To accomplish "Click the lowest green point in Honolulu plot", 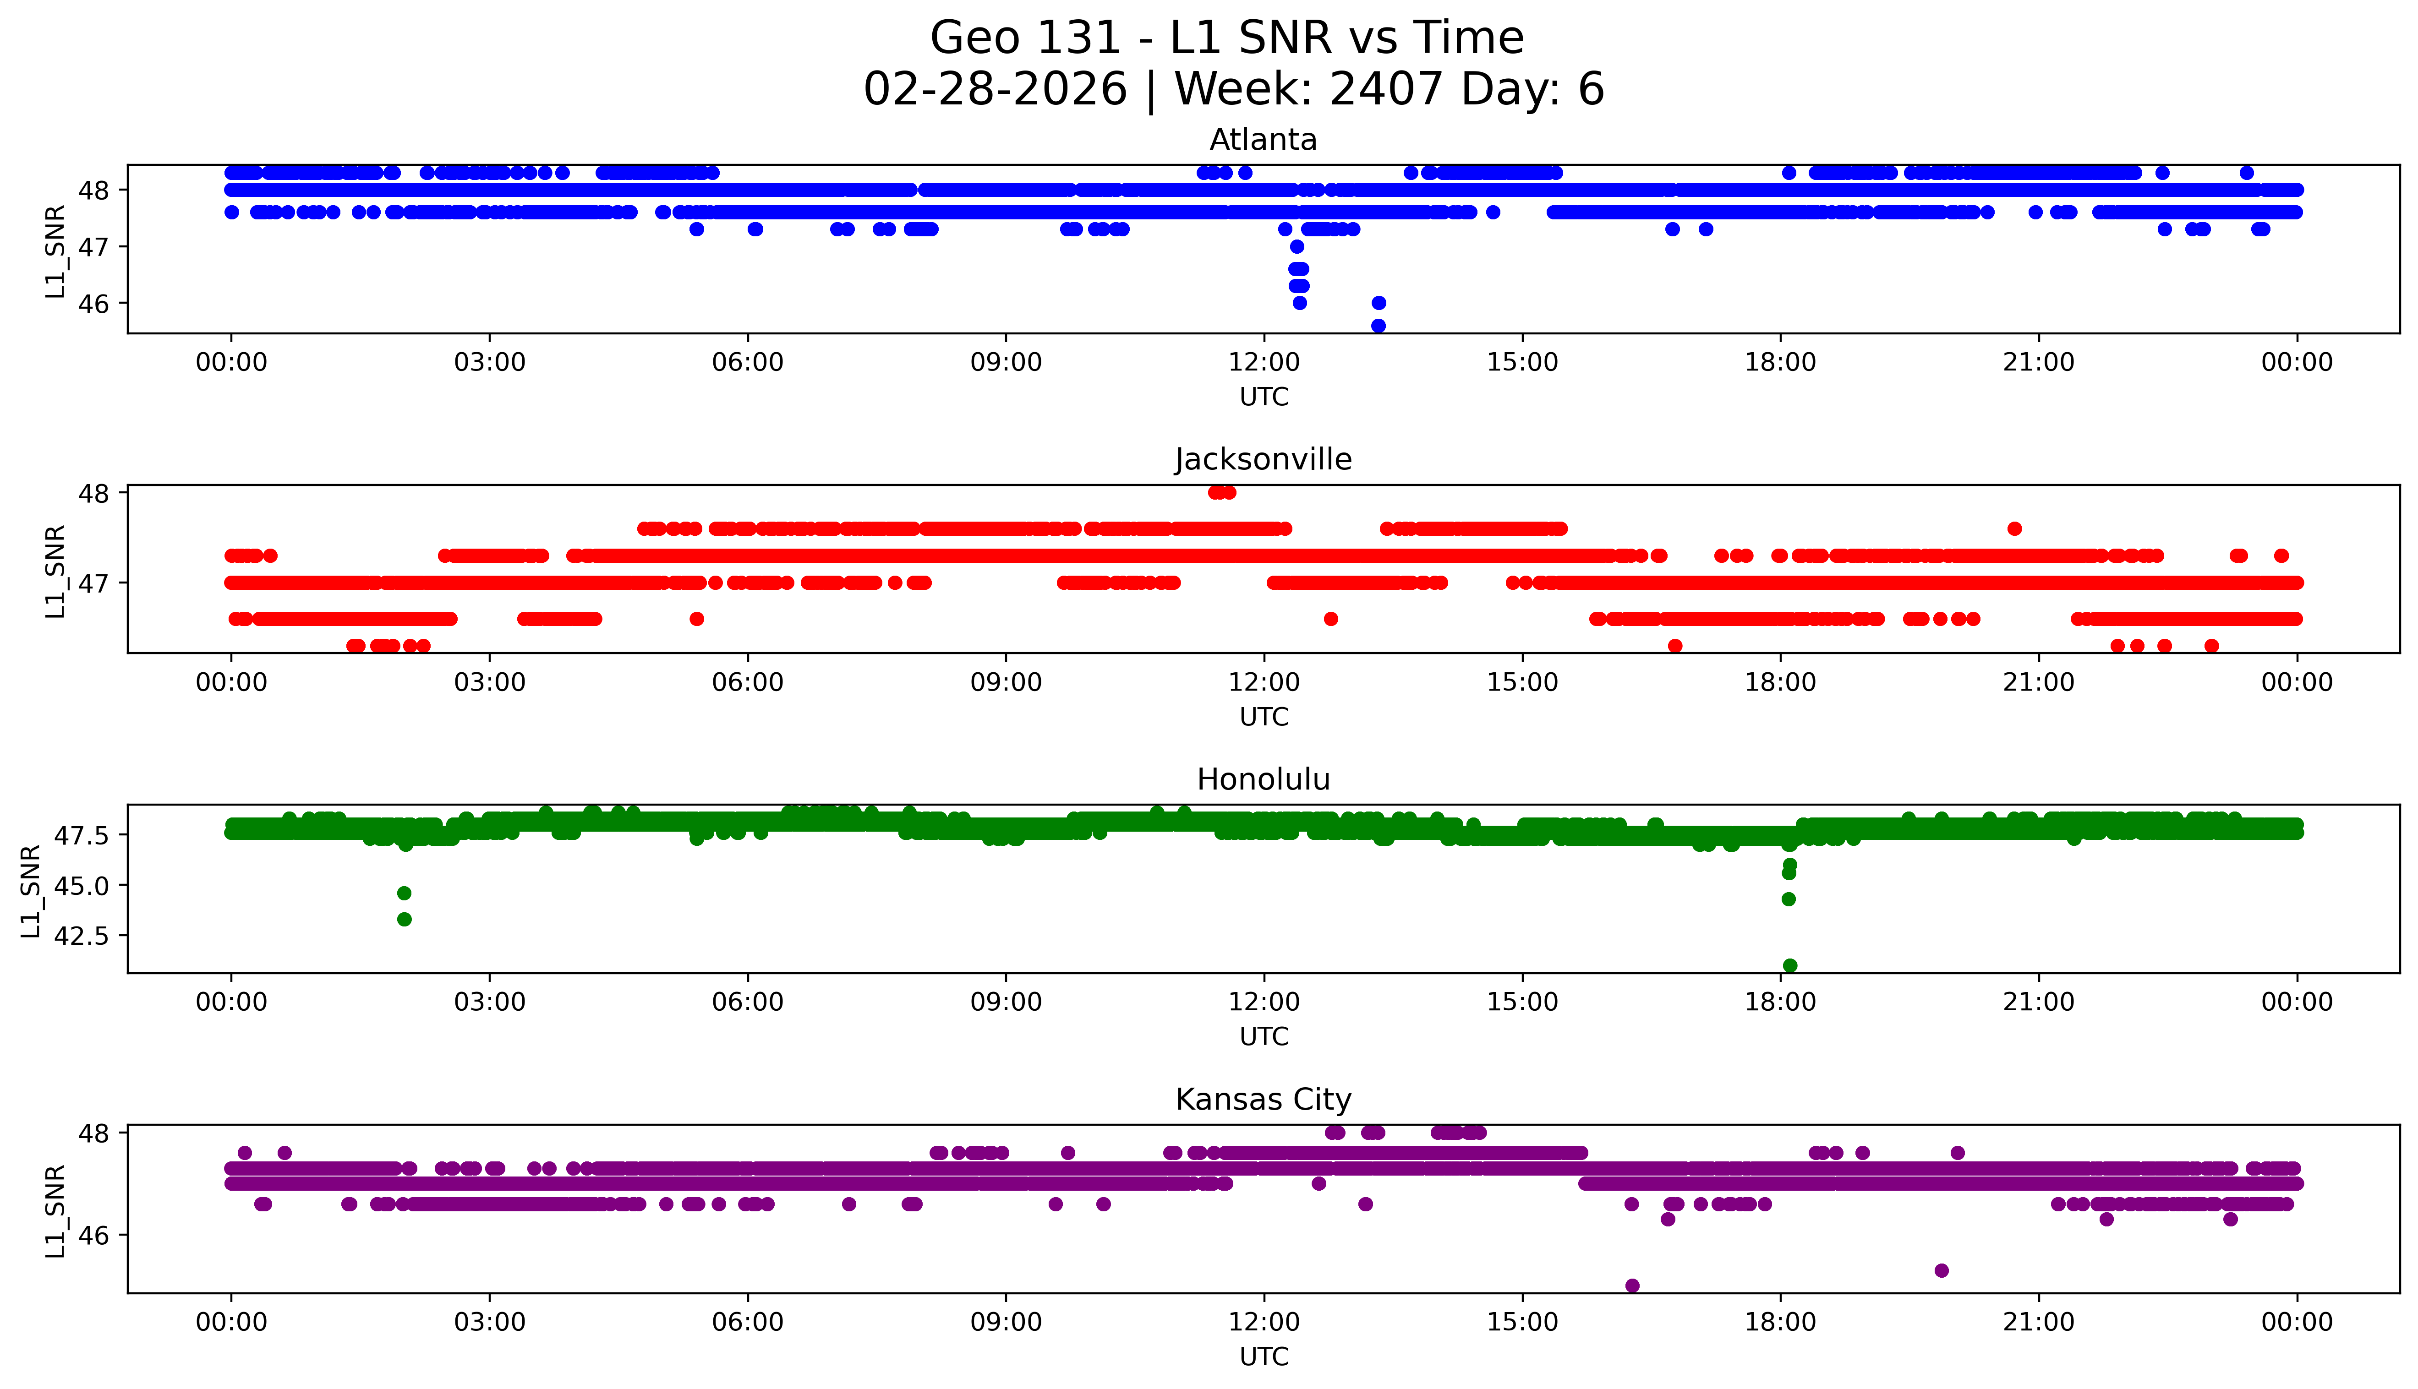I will coord(1789,965).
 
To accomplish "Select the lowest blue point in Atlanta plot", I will coord(1378,325).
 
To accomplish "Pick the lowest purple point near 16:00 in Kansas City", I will coord(1632,1285).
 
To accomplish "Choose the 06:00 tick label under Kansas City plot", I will coord(747,1322).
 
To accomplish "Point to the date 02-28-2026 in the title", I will coord(995,90).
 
